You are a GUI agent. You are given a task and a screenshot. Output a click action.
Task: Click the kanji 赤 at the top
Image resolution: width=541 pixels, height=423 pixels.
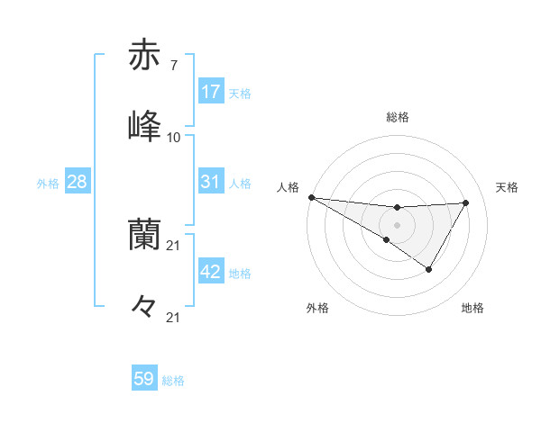145,56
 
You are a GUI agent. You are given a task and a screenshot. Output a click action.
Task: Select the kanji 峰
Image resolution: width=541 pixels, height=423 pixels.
145,125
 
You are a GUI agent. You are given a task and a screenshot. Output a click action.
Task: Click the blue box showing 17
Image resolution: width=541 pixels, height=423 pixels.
211,92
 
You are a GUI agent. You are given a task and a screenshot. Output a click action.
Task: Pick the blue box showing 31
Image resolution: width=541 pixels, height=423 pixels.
211,182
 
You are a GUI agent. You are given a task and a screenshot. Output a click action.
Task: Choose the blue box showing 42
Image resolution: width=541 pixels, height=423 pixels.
211,272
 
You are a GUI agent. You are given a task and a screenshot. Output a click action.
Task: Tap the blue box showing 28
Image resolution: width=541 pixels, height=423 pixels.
78,182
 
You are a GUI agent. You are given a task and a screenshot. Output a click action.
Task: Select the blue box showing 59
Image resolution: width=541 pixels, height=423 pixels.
144,379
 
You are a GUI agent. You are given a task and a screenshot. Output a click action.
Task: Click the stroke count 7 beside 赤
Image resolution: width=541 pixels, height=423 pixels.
173,67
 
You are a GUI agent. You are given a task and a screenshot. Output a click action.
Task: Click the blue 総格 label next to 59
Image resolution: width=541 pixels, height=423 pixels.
173,381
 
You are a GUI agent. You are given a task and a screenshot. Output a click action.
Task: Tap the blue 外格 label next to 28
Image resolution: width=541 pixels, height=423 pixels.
48,184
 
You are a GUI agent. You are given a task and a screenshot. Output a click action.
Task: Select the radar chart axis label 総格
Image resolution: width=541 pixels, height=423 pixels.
398,117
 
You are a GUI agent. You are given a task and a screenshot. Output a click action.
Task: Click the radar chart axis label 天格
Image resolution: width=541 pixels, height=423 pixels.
508,187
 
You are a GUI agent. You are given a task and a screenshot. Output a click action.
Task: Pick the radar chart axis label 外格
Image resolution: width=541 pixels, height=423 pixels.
317,308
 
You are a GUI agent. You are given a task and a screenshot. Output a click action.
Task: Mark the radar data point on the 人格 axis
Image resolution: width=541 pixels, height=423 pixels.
311,196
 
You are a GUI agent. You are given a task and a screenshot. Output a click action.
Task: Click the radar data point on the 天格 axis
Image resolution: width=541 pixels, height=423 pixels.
466,202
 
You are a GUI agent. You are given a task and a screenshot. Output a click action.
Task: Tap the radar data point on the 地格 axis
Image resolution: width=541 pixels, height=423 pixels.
429,269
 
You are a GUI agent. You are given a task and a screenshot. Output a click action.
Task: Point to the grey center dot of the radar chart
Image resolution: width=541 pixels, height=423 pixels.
397,224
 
